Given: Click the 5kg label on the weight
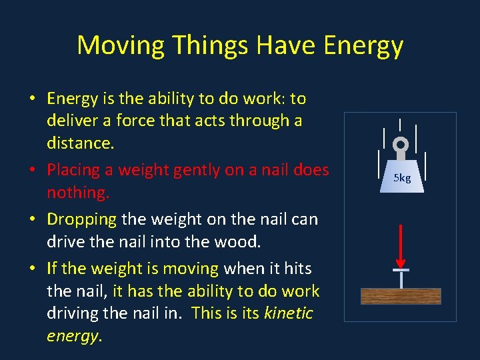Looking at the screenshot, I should click(x=402, y=179).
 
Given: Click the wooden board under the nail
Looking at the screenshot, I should click(x=401, y=296).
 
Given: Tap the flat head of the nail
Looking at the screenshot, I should click(x=401, y=270).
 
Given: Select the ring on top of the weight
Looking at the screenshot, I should click(x=401, y=145).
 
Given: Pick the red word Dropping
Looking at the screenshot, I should click(x=81, y=219).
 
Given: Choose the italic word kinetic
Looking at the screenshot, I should click(x=289, y=313).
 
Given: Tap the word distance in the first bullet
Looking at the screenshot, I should click(x=78, y=143).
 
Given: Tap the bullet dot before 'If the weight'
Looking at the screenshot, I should click(x=32, y=269).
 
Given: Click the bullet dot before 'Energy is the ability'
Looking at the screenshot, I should click(x=32, y=99).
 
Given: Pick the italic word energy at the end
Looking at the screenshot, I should click(x=72, y=336).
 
